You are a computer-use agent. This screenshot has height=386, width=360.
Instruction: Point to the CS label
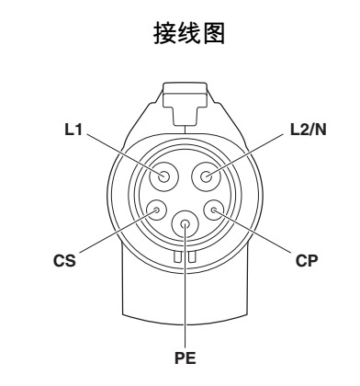(65, 260)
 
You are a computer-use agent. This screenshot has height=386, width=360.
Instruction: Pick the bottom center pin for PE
(186, 223)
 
